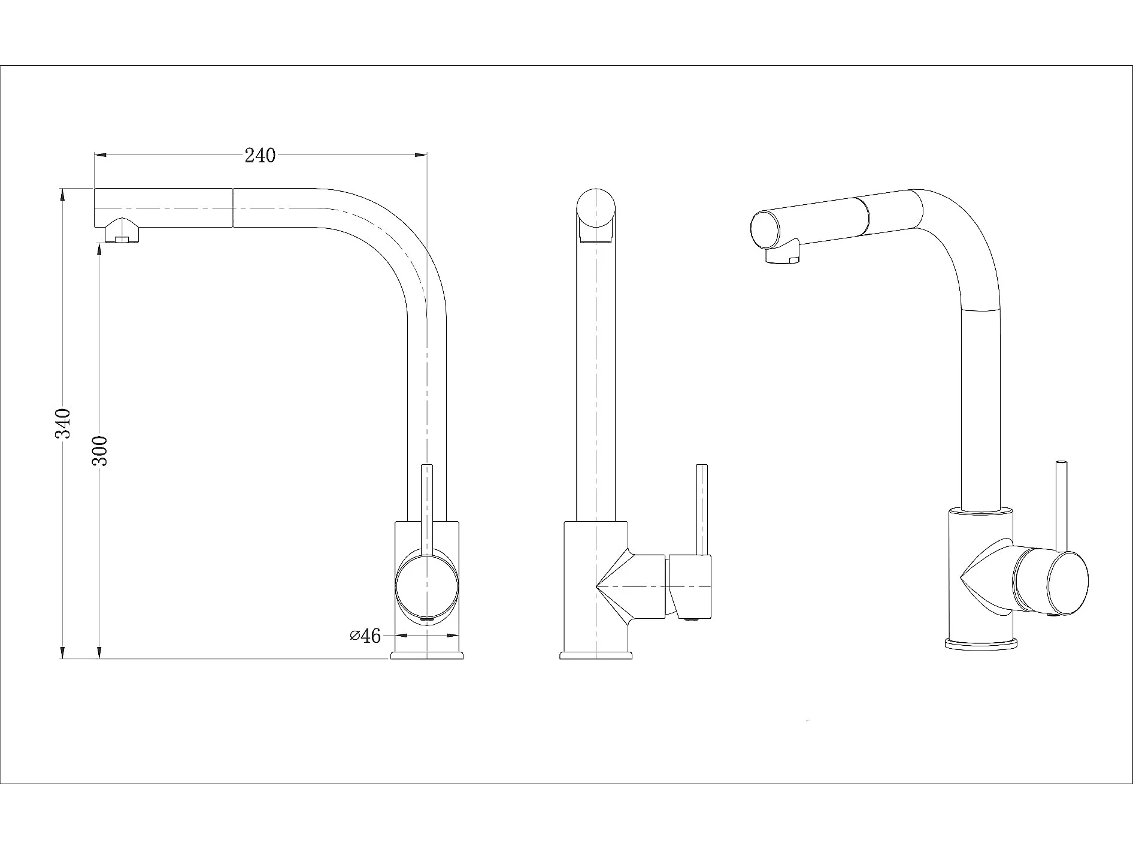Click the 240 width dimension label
click(x=260, y=155)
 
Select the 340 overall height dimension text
click(x=63, y=423)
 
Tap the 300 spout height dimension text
click(x=99, y=450)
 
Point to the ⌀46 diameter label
click(x=365, y=636)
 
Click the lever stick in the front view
click(x=702, y=509)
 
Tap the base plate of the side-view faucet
click(x=427, y=655)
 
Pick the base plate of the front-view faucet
click(x=596, y=655)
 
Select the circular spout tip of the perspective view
click(x=766, y=231)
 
